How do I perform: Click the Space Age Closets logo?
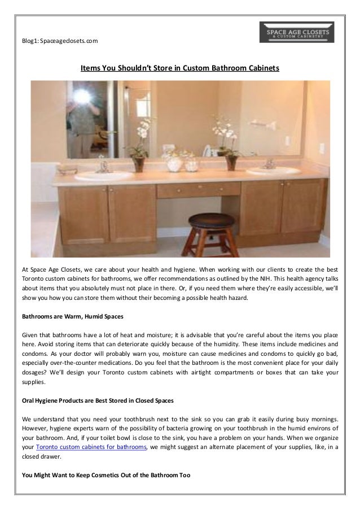pos(296,32)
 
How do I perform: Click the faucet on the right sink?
pos(269,163)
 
